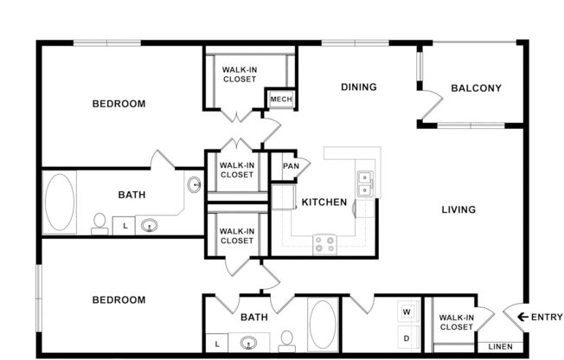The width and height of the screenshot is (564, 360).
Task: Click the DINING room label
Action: click(358, 87)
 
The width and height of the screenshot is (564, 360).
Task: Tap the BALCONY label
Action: click(476, 87)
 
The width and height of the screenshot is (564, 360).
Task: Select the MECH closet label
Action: click(280, 100)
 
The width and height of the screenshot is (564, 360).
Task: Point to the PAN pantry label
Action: click(292, 166)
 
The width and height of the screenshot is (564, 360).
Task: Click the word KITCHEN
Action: click(324, 202)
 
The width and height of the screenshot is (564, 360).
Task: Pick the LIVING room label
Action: click(458, 209)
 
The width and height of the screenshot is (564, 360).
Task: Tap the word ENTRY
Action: click(547, 317)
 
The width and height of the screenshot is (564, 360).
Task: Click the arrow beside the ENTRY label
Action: click(522, 317)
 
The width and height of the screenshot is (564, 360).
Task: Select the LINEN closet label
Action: click(500, 346)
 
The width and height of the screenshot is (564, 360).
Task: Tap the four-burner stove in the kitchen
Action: click(324, 244)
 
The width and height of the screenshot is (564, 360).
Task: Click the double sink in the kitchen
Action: click(365, 183)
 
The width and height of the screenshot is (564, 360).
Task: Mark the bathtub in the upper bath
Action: click(60, 202)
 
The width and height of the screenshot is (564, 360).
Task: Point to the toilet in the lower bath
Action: click(287, 340)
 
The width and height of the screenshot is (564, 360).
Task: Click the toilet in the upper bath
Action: click(99, 223)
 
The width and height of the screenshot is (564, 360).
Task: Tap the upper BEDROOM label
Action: click(119, 104)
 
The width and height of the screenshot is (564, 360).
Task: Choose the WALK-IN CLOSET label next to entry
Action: click(456, 322)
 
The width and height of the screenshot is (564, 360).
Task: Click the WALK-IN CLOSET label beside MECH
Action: click(240, 74)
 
